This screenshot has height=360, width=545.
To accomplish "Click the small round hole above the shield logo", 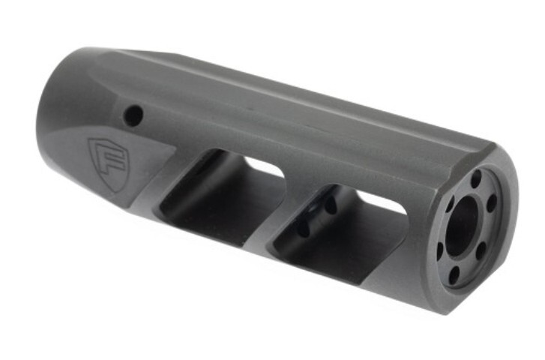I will click(x=133, y=115).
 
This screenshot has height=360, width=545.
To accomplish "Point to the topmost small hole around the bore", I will click(x=476, y=179).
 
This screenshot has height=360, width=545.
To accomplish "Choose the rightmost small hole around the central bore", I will click(x=493, y=203).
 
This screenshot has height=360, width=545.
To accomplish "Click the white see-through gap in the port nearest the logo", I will click(x=263, y=167).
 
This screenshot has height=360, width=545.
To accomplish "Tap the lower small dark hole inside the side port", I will click(x=303, y=229).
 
